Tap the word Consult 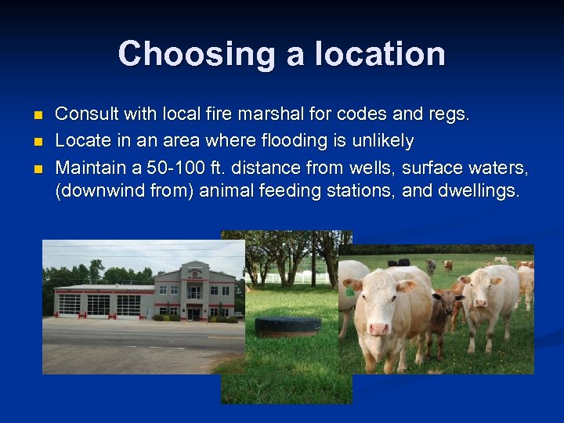coord(82,114)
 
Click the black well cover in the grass coord(287,325)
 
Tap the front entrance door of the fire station coord(193,313)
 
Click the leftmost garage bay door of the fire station coord(70,304)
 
